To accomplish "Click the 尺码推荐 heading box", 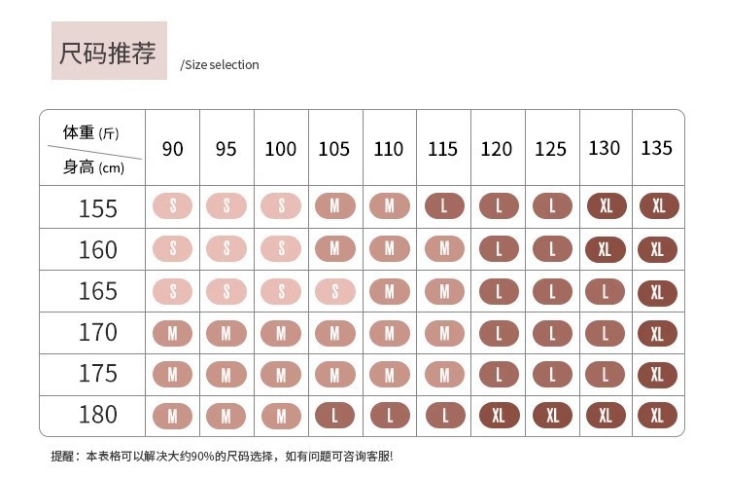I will click(109, 52).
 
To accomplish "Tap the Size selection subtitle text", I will click(221, 65).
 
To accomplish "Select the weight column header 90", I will click(173, 149).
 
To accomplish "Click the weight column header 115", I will click(442, 149).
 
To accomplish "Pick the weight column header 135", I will click(657, 148).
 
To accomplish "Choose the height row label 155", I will click(97, 208).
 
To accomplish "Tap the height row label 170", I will click(97, 332).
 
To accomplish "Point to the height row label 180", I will click(97, 415).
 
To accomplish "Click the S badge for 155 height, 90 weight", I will click(173, 207).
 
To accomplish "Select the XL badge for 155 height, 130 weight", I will click(606, 207).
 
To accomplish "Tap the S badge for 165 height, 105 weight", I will click(334, 290).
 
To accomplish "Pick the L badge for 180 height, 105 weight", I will click(334, 415).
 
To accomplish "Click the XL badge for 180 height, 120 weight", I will click(499, 415).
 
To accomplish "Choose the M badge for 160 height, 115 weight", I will click(444, 249).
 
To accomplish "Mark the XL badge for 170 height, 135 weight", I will click(657, 332).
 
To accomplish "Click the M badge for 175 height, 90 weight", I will click(173, 374).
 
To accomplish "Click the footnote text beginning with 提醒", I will click(222, 456).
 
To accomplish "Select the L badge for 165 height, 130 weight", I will click(606, 290).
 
